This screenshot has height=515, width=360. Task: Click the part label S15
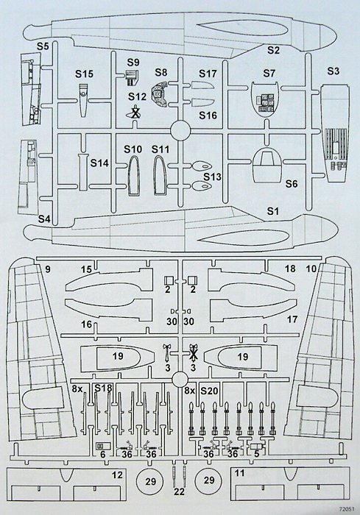84,74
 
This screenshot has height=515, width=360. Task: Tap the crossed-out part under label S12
135,112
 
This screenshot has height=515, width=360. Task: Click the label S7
269,73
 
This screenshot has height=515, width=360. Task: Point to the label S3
333,71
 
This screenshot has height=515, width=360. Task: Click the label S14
99,163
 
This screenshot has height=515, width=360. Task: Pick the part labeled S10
133,176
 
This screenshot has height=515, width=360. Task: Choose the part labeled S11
160,176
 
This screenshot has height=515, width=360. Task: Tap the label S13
212,177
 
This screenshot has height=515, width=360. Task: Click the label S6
291,184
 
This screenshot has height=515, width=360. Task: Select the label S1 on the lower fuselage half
272,211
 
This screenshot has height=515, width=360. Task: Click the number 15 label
86,270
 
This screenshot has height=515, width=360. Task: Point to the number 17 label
292,319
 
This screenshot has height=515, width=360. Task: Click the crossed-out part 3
194,353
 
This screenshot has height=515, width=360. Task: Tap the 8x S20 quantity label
201,391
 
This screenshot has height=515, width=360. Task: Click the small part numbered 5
257,447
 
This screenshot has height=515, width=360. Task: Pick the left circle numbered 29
151,481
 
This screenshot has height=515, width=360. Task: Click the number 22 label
179,491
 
